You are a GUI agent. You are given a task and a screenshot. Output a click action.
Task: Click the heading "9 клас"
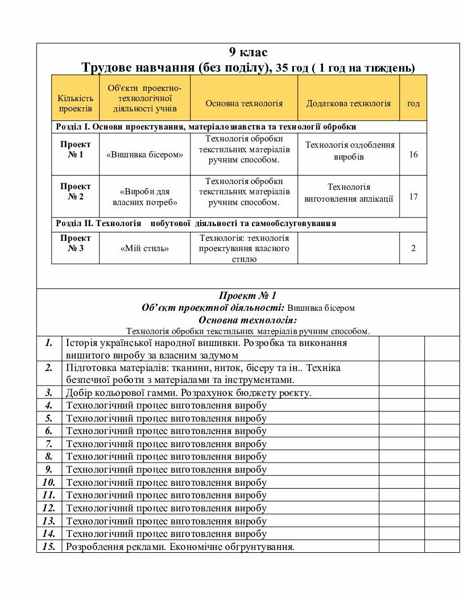pyautogui.click(x=248, y=53)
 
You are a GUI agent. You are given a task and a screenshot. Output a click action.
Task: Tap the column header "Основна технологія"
pyautogui.click(x=244, y=103)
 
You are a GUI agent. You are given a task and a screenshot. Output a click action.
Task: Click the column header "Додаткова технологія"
pyautogui.click(x=349, y=103)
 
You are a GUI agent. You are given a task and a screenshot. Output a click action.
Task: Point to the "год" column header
pyautogui.click(x=413, y=103)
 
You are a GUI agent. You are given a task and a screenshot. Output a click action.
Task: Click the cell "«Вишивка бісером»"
pyautogui.click(x=144, y=155)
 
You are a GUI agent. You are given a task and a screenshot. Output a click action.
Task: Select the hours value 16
pyautogui.click(x=413, y=155)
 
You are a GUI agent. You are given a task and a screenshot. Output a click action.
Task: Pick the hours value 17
pyautogui.click(x=413, y=197)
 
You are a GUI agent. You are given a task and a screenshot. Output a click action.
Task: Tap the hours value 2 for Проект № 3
pyautogui.click(x=413, y=248)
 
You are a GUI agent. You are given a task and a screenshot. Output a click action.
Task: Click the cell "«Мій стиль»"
pyautogui.click(x=144, y=248)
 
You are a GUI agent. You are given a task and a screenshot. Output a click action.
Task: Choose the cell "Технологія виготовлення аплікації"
pyautogui.click(x=349, y=193)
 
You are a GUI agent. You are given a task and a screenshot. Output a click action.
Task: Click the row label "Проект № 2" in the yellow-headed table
pyautogui.click(x=76, y=191)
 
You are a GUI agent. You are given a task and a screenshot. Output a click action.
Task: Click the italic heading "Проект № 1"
pyautogui.click(x=247, y=295)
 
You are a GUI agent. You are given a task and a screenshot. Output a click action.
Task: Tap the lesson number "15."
pyautogui.click(x=49, y=547)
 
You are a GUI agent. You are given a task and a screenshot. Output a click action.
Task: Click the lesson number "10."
pyautogui.click(x=49, y=482)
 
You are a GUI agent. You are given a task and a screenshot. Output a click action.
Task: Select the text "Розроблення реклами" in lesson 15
pyautogui.click(x=111, y=547)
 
